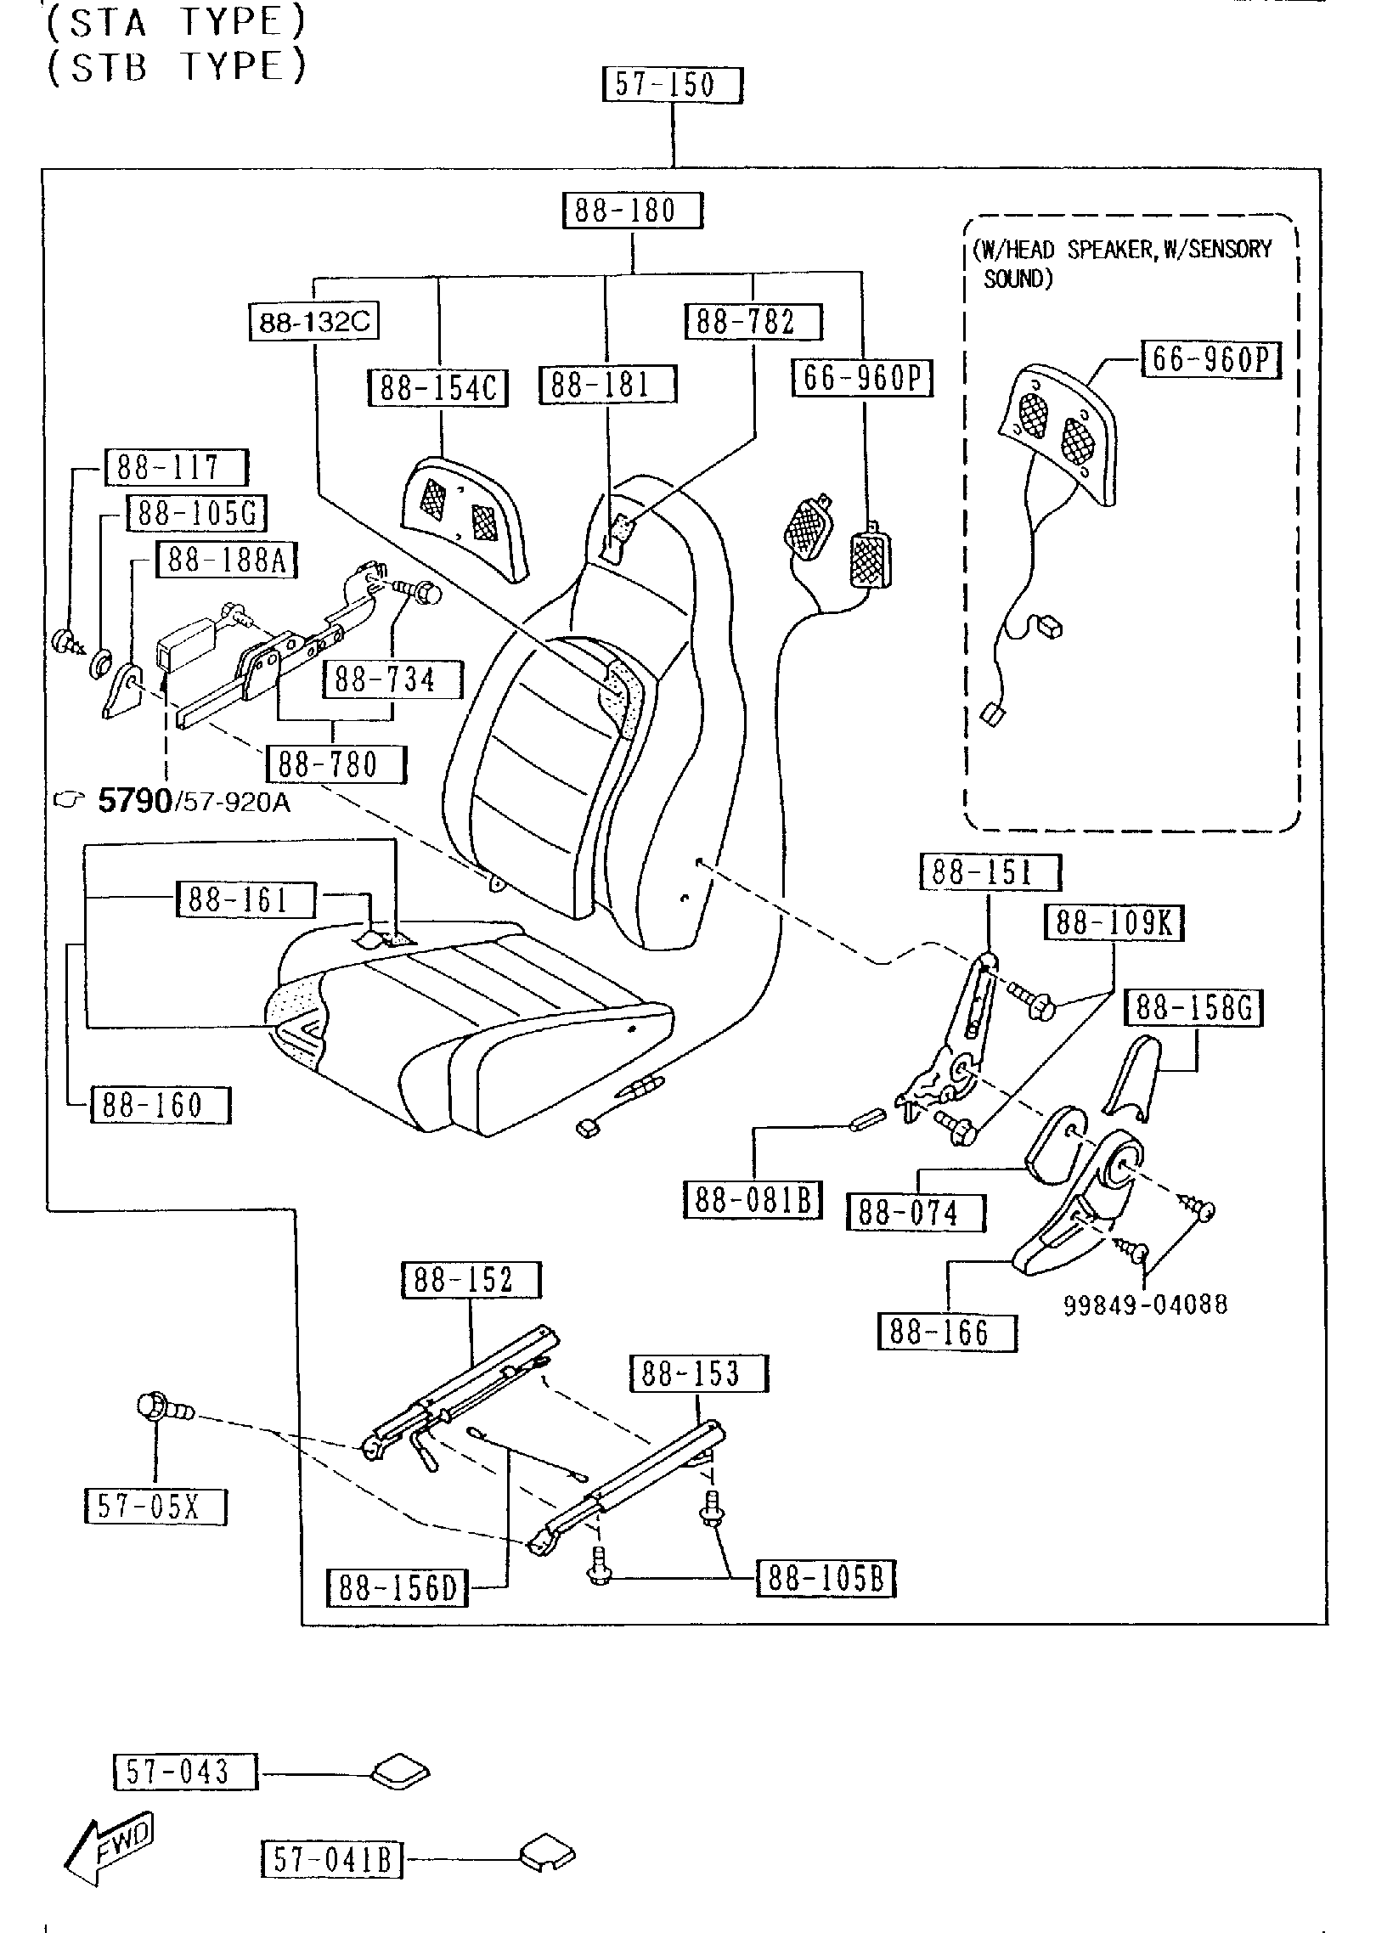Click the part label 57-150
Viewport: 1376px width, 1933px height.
(672, 86)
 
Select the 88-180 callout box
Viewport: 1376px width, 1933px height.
(633, 211)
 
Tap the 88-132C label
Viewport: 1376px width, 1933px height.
(314, 323)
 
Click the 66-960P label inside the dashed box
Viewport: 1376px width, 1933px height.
(1210, 360)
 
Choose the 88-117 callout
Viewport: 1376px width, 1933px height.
(176, 467)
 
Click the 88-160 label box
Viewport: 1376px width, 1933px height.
(161, 1105)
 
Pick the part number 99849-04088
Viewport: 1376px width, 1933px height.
(1146, 1305)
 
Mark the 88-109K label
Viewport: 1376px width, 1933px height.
(1114, 922)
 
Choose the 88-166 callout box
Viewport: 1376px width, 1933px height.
(947, 1333)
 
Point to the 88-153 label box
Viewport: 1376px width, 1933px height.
(698, 1374)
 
